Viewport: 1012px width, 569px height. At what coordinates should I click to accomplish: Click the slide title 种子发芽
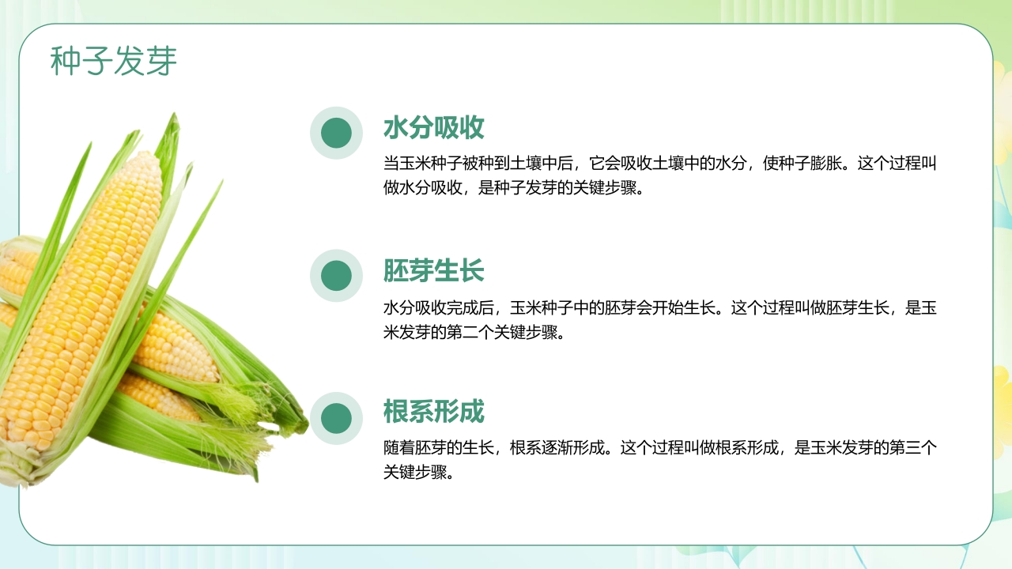114,62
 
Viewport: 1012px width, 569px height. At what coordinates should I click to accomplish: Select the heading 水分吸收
433,128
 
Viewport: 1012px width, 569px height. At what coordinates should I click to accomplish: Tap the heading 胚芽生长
433,271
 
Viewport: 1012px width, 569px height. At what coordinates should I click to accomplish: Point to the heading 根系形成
433,412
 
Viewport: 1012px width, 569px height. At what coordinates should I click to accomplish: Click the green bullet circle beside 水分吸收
336,133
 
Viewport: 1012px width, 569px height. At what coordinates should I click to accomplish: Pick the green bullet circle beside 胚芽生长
336,276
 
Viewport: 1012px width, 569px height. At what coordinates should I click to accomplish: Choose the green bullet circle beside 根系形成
336,418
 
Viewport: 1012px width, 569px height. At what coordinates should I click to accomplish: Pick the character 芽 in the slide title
161,62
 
